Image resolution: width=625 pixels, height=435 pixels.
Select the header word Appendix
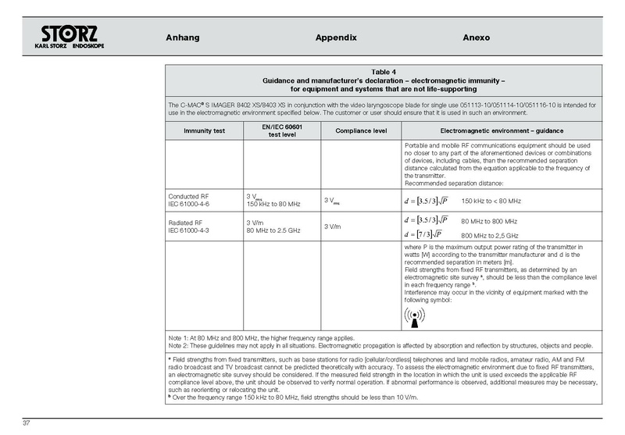tap(336, 37)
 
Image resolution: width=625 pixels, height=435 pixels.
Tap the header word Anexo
tap(479, 37)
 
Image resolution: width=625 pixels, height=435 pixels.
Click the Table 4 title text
tap(385, 72)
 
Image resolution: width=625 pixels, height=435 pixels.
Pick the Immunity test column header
tap(203, 130)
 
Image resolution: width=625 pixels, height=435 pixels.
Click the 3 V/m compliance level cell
tap(333, 226)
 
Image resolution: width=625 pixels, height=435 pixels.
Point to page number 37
tap(26, 423)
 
